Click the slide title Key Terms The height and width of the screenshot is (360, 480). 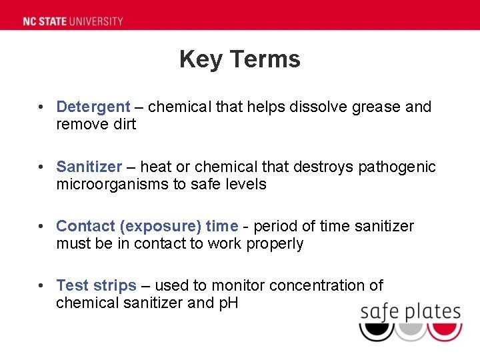[x=240, y=59]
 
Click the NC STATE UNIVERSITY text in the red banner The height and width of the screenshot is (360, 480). [x=73, y=21]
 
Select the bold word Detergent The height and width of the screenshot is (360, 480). [x=93, y=107]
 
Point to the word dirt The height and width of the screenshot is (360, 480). [x=123, y=124]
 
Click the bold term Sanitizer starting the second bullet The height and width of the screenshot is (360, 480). [x=89, y=167]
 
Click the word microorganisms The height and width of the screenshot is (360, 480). [x=113, y=184]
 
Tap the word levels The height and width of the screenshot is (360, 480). [x=246, y=184]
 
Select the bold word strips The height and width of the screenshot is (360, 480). [x=115, y=286]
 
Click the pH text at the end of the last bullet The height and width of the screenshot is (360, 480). [x=227, y=303]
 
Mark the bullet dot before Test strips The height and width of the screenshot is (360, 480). [x=41, y=286]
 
